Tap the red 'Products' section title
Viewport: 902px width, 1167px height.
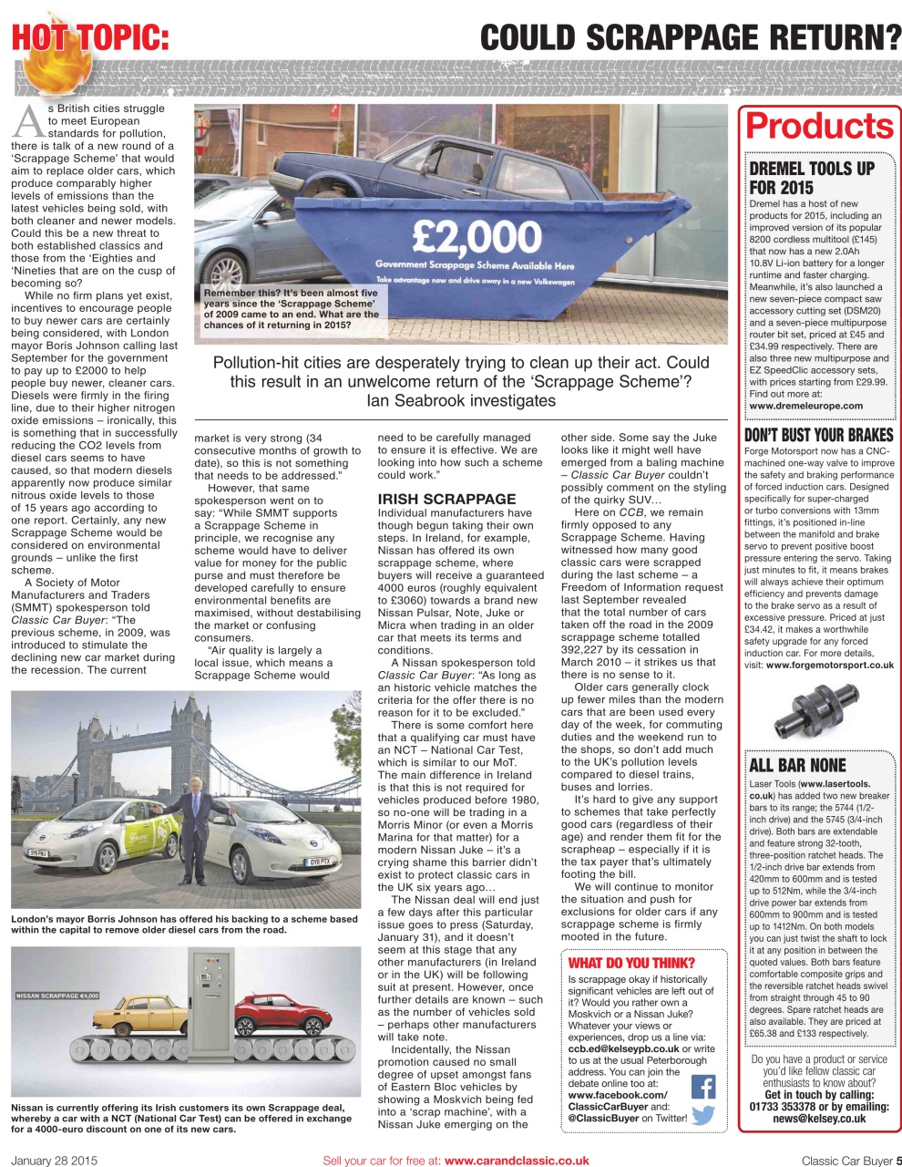[x=820, y=126]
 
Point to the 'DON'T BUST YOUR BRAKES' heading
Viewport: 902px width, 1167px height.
[x=819, y=435]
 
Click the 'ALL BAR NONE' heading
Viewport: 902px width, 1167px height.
[x=797, y=765]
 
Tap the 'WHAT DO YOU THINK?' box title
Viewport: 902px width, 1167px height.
[x=630, y=963]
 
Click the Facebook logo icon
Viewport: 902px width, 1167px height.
[x=702, y=1087]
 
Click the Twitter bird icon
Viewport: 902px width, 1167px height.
[x=702, y=1116]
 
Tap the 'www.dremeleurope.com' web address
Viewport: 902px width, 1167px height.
[x=805, y=406]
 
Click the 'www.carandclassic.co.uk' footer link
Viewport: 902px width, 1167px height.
[x=516, y=1161]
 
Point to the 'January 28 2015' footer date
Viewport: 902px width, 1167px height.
[x=54, y=1161]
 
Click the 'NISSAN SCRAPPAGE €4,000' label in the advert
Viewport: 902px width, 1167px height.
[x=56, y=995]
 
